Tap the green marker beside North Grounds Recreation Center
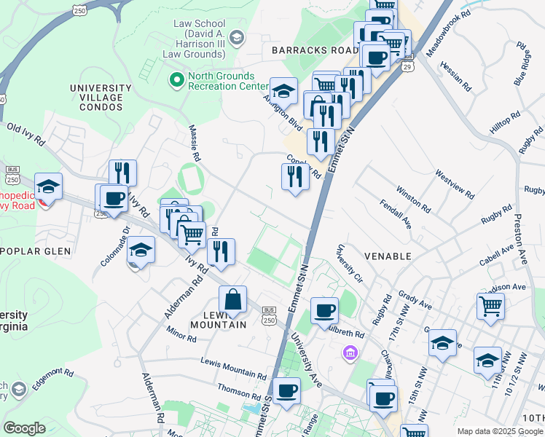click(x=176, y=78)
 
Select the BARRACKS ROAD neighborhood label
click(x=314, y=50)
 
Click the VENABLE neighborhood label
click(x=388, y=256)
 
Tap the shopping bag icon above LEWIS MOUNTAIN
click(x=232, y=299)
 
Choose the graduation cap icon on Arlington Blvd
click(x=283, y=91)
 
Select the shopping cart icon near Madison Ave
click(x=490, y=307)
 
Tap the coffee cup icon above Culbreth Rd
click(x=324, y=310)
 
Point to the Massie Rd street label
click(x=196, y=143)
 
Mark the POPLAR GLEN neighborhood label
click(x=36, y=251)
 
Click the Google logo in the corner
click(x=25, y=428)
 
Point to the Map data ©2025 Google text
click(x=499, y=431)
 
